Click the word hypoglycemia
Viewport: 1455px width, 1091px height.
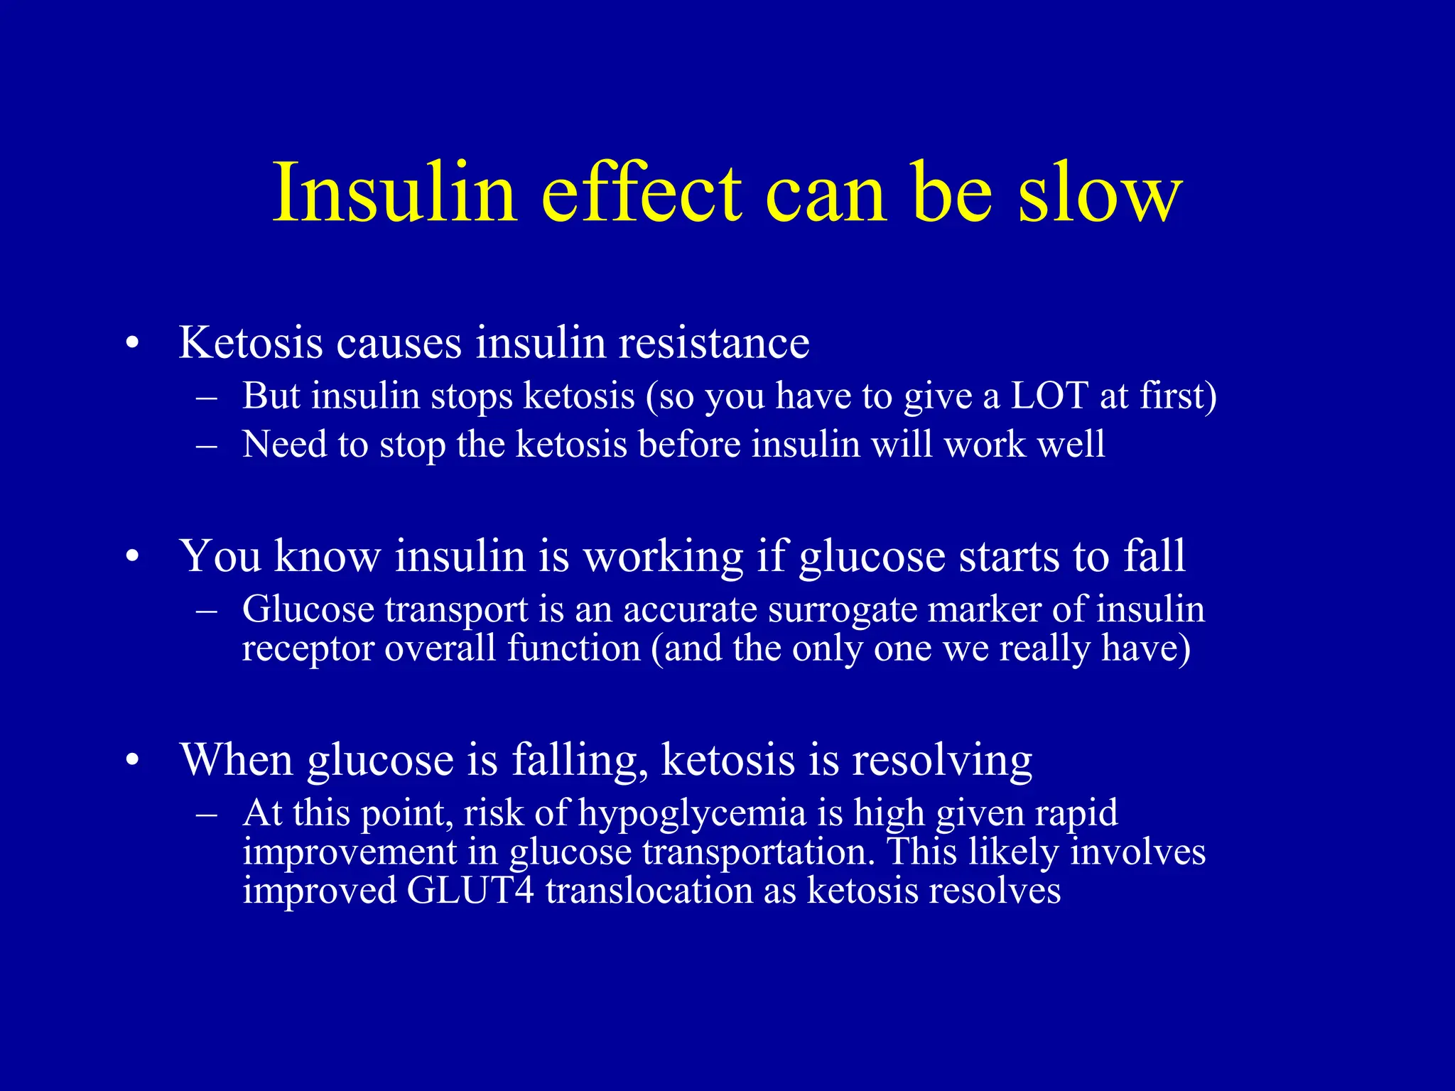tap(692, 814)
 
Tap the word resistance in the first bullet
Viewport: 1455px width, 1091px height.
tap(714, 342)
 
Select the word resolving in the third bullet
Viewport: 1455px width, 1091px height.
tap(942, 760)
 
